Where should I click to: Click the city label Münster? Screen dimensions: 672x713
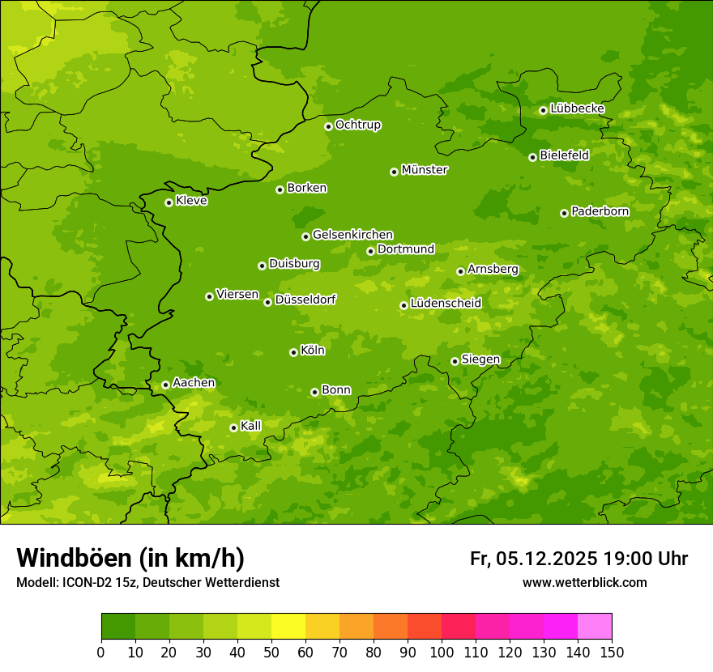(x=425, y=170)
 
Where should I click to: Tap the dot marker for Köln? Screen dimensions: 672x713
(x=293, y=352)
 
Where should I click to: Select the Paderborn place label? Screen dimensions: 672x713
(x=600, y=211)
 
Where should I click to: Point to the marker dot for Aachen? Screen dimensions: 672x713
(x=165, y=385)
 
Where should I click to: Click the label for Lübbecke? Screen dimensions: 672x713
(x=577, y=108)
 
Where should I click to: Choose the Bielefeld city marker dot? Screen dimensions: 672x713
(x=532, y=157)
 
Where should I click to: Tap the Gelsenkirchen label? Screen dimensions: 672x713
(x=352, y=235)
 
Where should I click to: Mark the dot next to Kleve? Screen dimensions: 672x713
(x=169, y=202)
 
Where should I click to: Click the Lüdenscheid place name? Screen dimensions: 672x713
(x=446, y=304)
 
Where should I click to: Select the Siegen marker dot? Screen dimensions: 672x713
(x=455, y=361)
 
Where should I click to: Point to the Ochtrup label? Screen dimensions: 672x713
(x=357, y=125)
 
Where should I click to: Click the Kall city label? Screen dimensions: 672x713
(x=251, y=426)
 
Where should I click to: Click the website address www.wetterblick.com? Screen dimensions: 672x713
(x=584, y=582)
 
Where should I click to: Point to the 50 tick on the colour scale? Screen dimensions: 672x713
(x=271, y=652)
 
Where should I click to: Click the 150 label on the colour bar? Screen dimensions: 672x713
(x=612, y=652)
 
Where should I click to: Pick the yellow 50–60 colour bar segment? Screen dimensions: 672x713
(x=288, y=627)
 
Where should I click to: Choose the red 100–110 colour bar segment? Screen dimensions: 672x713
(x=459, y=627)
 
